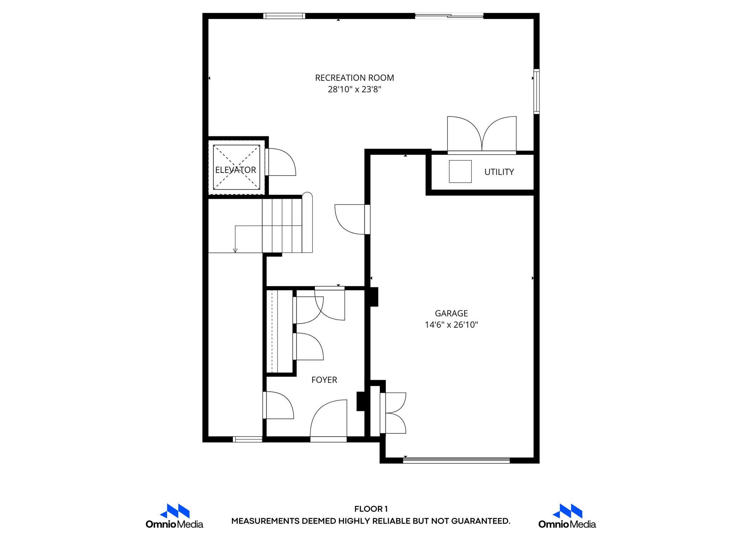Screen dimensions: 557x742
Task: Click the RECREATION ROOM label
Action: click(354, 78)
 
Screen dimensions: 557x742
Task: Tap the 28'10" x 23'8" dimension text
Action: click(354, 90)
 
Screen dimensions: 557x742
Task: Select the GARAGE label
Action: click(451, 313)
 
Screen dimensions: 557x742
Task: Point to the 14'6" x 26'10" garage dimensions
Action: click(451, 325)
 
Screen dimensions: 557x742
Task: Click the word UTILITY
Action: click(499, 172)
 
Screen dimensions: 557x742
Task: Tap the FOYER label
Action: click(324, 380)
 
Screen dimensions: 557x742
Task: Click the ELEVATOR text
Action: click(235, 170)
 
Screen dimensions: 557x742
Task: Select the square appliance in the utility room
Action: click(460, 172)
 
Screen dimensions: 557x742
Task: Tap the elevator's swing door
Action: click(281, 162)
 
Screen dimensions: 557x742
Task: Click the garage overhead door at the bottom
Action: click(456, 461)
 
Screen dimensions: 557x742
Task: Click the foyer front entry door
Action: click(329, 421)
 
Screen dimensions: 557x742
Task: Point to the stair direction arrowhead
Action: click(235, 251)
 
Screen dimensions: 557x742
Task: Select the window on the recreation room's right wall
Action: click(537, 91)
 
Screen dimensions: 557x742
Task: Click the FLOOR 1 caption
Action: click(371, 509)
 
